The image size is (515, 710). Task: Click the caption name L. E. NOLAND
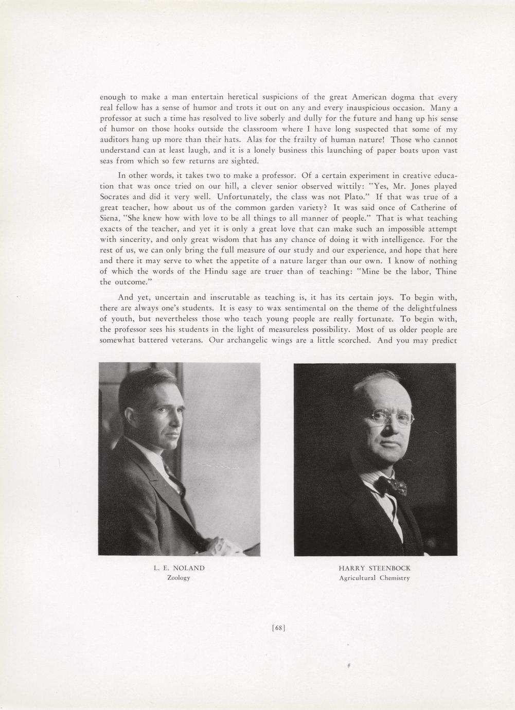point(179,568)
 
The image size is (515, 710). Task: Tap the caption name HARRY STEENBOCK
point(375,568)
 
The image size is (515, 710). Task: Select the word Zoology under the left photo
point(179,578)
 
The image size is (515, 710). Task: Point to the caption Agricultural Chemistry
point(375,578)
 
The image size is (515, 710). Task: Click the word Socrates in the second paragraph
point(116,197)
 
